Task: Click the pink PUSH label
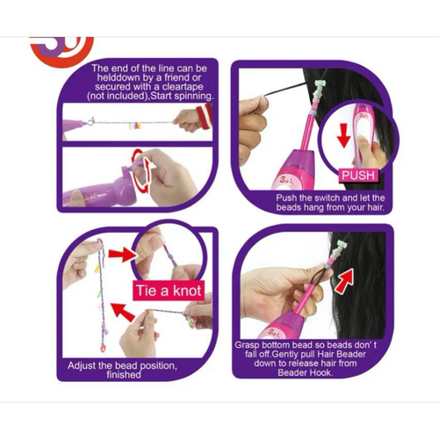click(358, 175)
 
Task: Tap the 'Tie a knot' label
click(169, 291)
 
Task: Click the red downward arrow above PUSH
click(344, 135)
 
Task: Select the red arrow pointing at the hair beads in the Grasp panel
click(344, 281)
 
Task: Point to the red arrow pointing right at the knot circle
click(120, 254)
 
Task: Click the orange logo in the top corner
click(62, 50)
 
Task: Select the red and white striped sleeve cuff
click(204, 117)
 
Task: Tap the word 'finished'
click(124, 375)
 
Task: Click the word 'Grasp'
click(247, 345)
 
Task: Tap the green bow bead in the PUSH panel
click(319, 84)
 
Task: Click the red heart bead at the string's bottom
click(103, 348)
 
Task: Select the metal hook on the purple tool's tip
click(90, 121)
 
